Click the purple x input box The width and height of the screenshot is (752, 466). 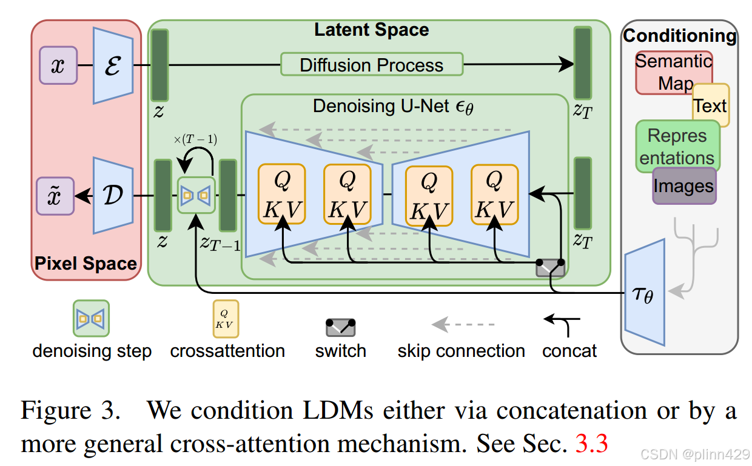[x=58, y=65]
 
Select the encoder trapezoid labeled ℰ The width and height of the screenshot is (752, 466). [x=113, y=64]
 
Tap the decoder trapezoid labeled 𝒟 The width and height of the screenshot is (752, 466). [x=113, y=195]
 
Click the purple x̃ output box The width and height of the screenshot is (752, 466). [x=55, y=196]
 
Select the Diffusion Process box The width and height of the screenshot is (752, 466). [x=372, y=64]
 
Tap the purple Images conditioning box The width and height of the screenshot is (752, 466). [x=684, y=186]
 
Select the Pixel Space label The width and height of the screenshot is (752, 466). [x=86, y=264]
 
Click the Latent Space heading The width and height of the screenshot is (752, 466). [x=371, y=30]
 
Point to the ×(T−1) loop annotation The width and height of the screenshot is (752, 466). [x=195, y=139]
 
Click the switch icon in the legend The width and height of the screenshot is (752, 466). [x=340, y=327]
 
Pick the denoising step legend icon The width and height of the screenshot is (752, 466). [x=91, y=318]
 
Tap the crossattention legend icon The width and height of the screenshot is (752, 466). [x=226, y=318]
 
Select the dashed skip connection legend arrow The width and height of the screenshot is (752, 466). [x=463, y=325]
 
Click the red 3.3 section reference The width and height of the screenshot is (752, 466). [x=591, y=444]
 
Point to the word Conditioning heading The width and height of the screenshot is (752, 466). [x=680, y=36]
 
